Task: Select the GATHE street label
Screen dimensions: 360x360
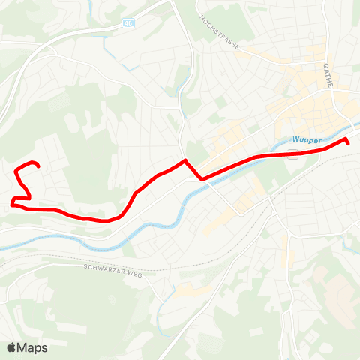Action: [x=328, y=76]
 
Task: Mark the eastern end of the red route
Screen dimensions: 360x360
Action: [x=348, y=142]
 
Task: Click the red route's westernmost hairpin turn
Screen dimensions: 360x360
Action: [x=12, y=201]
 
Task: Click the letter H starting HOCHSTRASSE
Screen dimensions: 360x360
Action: [x=201, y=17]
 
